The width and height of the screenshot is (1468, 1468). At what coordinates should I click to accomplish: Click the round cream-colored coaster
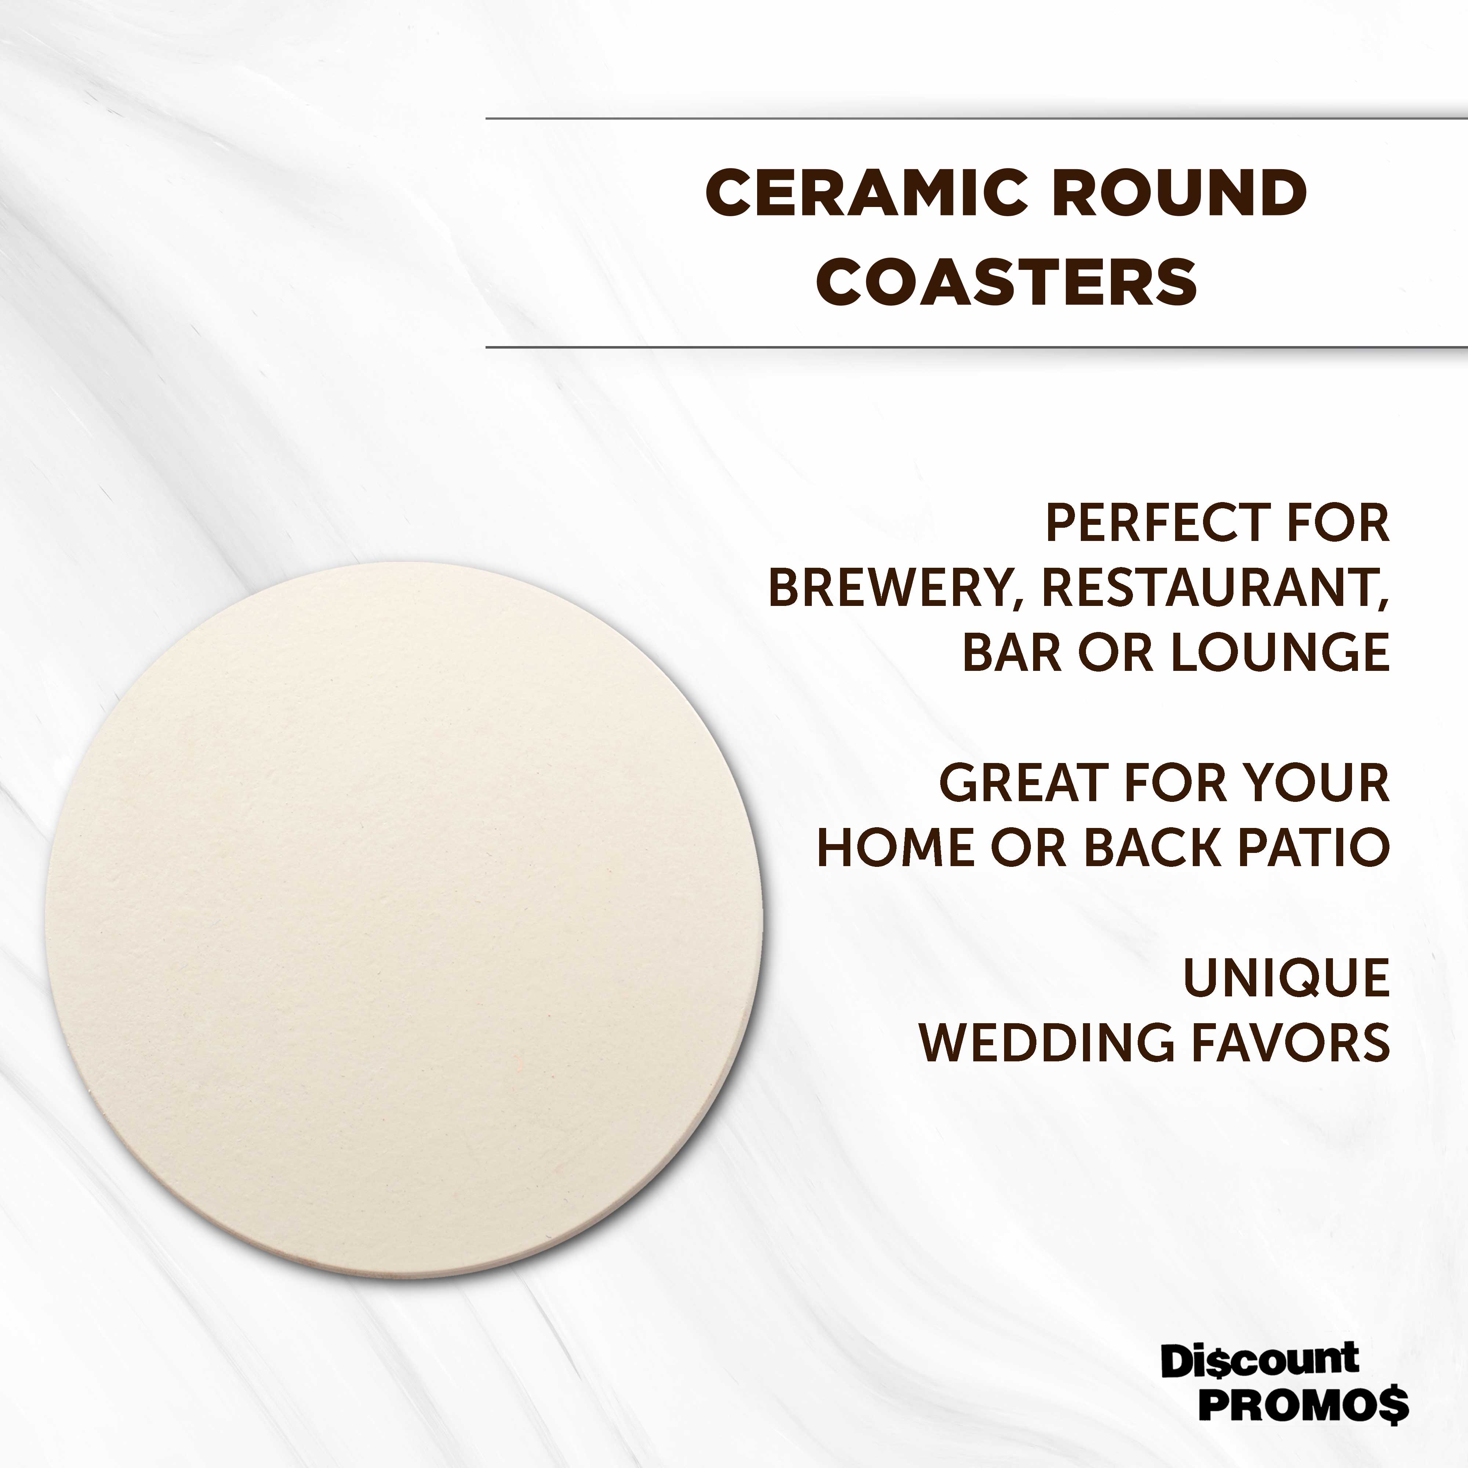coord(403,919)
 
